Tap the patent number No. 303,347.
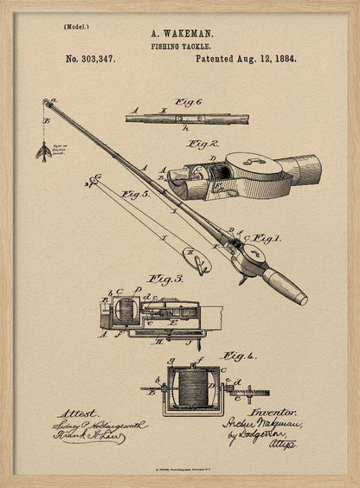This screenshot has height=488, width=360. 90,60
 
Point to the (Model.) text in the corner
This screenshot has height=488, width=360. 76,27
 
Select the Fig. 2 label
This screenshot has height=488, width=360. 203,144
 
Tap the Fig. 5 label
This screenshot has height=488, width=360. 136,195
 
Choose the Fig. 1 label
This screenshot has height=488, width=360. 266,237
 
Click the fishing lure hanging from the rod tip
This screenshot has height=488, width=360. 42,152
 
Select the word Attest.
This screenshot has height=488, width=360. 79,414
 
